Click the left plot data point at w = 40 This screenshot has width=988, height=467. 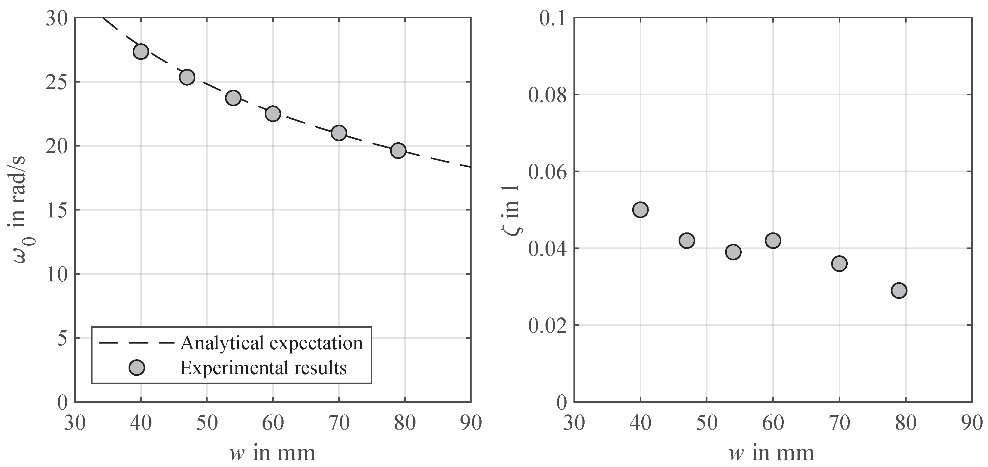point(141,51)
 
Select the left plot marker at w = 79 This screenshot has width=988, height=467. point(398,150)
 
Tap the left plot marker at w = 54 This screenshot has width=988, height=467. point(233,98)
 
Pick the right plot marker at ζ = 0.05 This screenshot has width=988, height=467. point(640,210)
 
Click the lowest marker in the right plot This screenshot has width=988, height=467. point(899,291)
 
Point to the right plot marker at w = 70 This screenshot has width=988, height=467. point(839,263)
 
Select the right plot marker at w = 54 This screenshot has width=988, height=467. point(733,252)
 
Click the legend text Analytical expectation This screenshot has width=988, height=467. point(271,342)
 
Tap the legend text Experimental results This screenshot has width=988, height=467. point(263,368)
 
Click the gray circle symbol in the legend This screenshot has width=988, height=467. point(137,368)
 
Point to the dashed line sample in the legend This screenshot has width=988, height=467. point(137,342)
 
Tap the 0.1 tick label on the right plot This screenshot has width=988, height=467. point(552,18)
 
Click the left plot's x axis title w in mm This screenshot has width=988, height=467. point(273,452)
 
